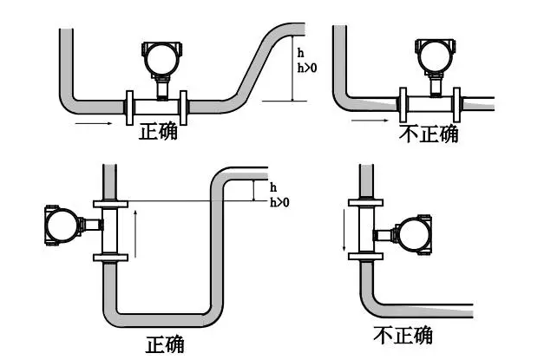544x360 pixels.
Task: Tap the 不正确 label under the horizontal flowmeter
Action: [x=428, y=134]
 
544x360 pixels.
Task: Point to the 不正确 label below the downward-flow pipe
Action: [x=403, y=335]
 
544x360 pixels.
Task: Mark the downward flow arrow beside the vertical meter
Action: [x=344, y=233]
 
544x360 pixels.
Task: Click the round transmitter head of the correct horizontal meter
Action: [x=161, y=58]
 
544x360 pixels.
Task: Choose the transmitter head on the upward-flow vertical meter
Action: [x=62, y=225]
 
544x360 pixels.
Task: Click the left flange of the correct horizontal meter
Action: [x=131, y=107]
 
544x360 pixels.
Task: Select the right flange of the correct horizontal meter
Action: [x=183, y=107]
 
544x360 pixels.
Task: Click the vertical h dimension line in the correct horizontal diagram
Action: [x=293, y=74]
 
